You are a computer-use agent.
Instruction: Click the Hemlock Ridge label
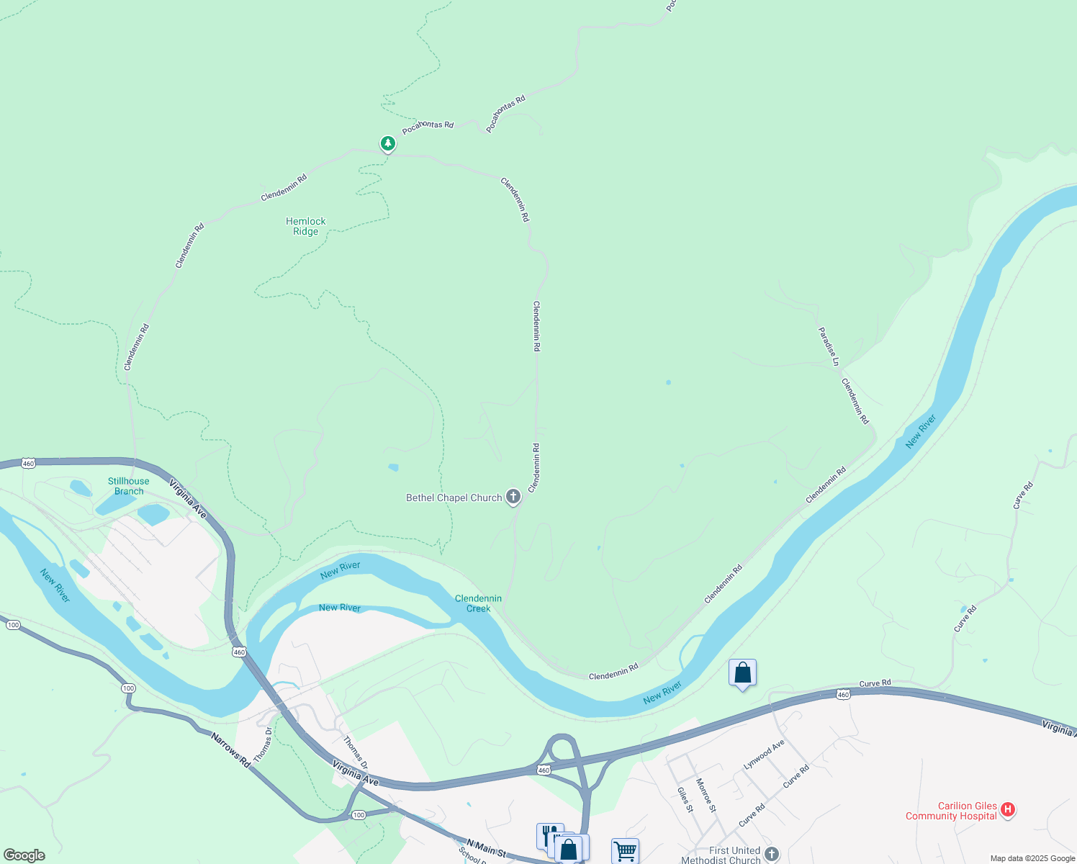click(x=306, y=226)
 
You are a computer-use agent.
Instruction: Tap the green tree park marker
click(x=388, y=144)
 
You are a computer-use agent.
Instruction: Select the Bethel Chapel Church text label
click(x=454, y=498)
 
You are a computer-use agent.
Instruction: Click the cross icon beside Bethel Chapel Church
click(x=513, y=496)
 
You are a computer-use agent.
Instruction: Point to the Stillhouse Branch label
click(x=129, y=486)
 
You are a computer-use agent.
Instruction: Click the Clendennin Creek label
click(x=478, y=603)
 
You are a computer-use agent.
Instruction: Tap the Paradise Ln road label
click(x=829, y=346)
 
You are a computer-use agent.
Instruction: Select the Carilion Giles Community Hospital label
click(x=952, y=811)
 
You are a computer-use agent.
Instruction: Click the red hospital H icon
click(x=1009, y=810)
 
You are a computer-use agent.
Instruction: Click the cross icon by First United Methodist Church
click(x=772, y=854)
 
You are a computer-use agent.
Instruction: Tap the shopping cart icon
click(x=625, y=851)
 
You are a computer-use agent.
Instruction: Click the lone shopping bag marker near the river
click(x=742, y=673)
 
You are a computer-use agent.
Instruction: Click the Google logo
click(x=24, y=855)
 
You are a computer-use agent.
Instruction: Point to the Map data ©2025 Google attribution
click(x=1032, y=858)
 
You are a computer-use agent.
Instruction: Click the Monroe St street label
click(x=706, y=795)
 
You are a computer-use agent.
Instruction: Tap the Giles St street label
click(x=685, y=799)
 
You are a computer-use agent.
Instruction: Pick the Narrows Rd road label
click(x=230, y=750)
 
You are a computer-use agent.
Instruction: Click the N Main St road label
click(x=486, y=848)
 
